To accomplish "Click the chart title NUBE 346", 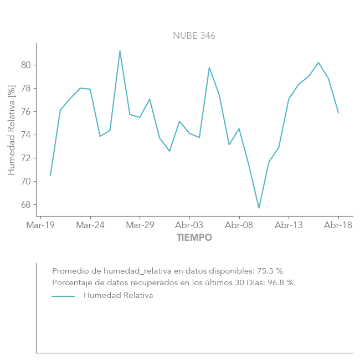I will [194, 36].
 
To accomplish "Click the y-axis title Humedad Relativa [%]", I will [12, 130].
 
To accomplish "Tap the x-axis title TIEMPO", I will [194, 238].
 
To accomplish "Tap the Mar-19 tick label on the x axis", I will [40, 225].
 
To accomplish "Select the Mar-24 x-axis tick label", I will [90, 225].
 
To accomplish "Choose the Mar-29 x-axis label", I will [140, 225].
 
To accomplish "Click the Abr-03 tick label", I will [189, 225].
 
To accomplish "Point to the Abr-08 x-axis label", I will [239, 225].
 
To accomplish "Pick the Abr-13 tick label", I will [289, 225].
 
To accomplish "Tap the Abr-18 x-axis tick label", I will [338, 225].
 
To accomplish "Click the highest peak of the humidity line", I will [120, 51].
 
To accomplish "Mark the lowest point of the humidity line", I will [259, 208].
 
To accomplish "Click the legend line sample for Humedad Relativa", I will [63, 296].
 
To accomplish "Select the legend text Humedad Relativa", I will [118, 296].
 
